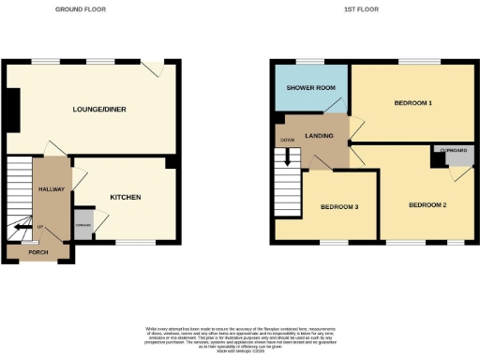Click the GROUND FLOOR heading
coord(80,8)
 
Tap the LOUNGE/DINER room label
coord(100,110)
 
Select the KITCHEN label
coord(126,197)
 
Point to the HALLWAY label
coord(51,189)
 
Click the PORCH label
coord(37,252)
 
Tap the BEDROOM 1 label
coord(412,102)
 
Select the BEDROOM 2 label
coord(426,204)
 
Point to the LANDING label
coord(320,137)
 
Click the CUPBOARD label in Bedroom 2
coord(444,149)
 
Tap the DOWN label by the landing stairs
coord(285,141)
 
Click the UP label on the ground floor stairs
coord(39,227)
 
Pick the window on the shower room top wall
coord(309,62)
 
